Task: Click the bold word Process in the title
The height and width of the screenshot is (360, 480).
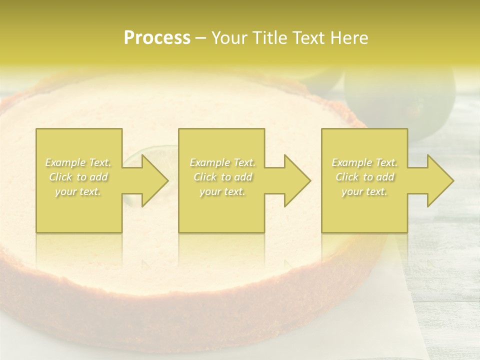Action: click(x=157, y=38)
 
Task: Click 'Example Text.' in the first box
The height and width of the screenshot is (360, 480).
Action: click(x=78, y=162)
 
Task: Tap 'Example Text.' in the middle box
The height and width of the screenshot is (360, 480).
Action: click(x=222, y=162)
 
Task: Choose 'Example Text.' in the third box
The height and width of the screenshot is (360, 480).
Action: click(x=364, y=162)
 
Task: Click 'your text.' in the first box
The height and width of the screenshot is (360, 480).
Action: click(x=78, y=191)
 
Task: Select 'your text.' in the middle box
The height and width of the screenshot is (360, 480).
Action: click(x=222, y=191)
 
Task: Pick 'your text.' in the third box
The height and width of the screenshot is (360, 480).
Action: click(x=364, y=191)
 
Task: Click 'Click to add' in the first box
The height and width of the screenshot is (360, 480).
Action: click(x=78, y=177)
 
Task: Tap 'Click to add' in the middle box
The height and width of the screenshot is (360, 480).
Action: click(x=222, y=177)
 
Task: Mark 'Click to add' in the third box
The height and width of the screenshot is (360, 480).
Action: click(x=364, y=177)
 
